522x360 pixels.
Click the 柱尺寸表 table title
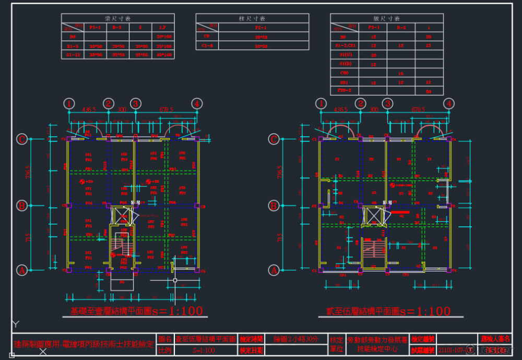coord(252,18)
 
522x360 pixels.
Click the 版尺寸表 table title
coord(386,18)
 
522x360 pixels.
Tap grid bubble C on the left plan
coord(22,139)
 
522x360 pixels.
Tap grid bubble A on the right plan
coord(274,270)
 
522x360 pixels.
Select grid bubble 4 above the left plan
coord(196,103)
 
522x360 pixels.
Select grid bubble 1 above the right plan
coord(321,103)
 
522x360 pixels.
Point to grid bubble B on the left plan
coord(22,205)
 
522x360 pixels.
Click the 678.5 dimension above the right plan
coord(417,110)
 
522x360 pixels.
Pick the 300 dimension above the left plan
coord(122,110)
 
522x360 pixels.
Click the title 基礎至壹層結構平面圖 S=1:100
coord(136,311)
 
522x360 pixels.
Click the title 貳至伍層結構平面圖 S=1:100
coord(385,311)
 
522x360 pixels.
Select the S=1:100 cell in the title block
coord(204,350)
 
